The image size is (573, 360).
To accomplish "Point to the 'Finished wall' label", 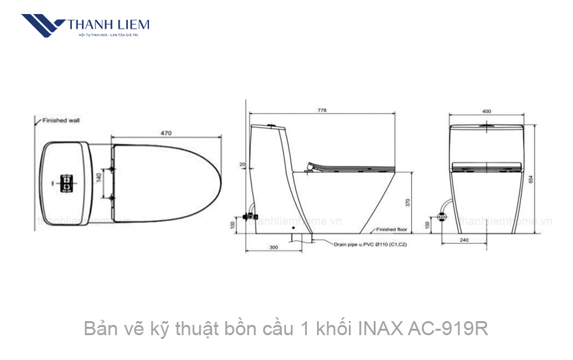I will click(x=61, y=120).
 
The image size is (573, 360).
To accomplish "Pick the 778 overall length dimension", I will click(x=322, y=111).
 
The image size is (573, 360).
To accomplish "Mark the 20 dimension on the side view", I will click(x=243, y=164).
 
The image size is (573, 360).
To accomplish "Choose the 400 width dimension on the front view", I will click(x=486, y=112).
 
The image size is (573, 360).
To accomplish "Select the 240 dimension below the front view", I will click(x=481, y=241).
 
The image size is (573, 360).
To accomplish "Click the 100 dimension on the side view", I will click(x=233, y=224).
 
